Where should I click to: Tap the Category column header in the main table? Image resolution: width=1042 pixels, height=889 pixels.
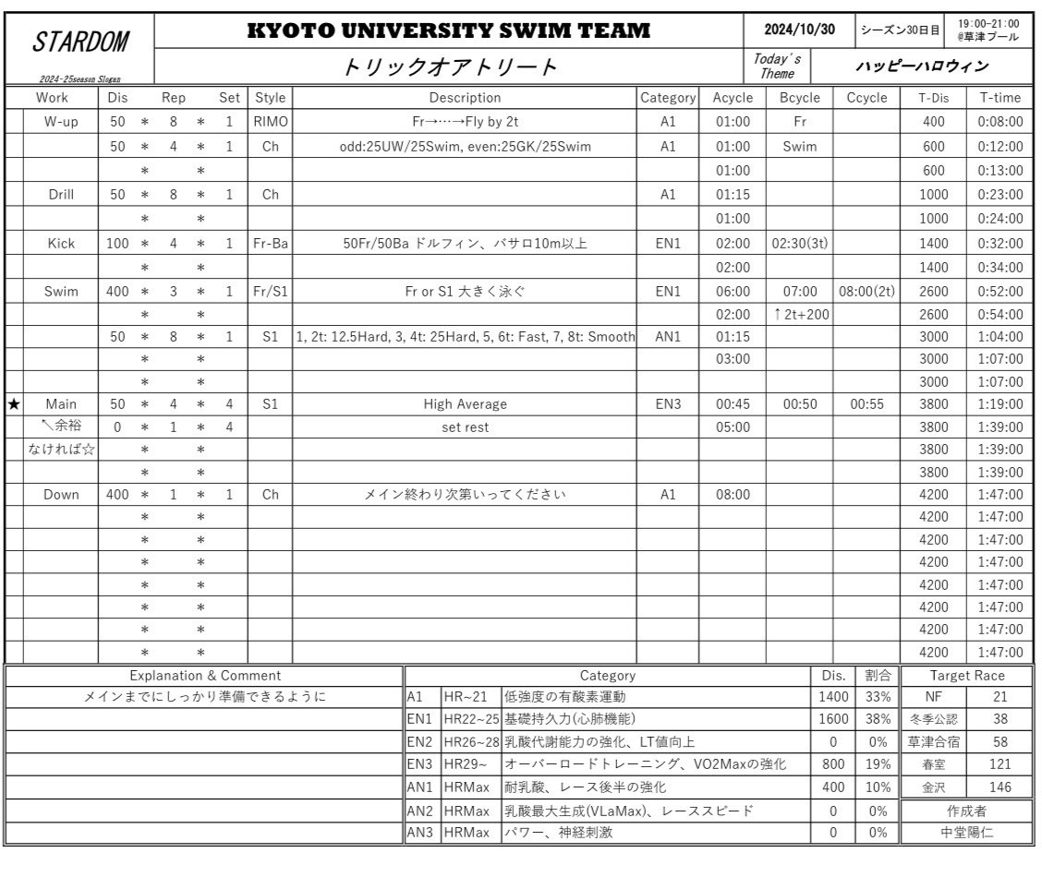[667, 97]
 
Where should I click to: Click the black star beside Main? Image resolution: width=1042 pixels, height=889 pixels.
[12, 403]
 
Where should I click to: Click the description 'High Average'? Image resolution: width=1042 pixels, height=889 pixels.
[465, 403]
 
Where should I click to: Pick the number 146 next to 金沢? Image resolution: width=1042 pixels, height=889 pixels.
[999, 787]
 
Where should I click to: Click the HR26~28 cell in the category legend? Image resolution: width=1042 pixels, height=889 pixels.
[470, 741]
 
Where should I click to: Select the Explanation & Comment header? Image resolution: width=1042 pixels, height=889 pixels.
[204, 675]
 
